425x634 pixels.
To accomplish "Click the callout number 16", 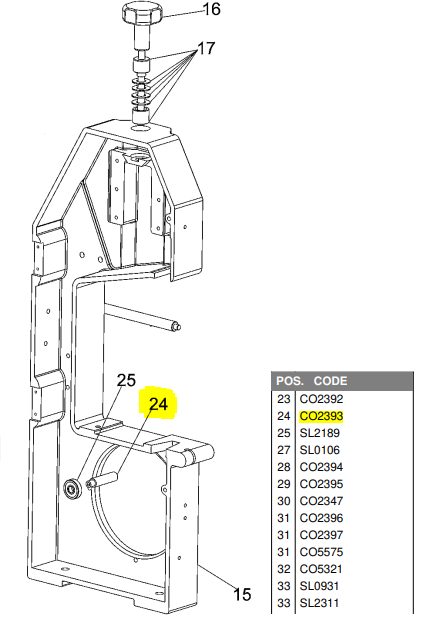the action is (x=211, y=9).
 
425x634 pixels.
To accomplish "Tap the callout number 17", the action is (x=206, y=49).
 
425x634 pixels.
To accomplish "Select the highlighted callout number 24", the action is (x=158, y=404).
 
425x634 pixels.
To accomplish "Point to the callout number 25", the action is (x=126, y=380).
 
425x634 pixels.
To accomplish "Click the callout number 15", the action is (x=242, y=594).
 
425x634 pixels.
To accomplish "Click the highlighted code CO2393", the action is (x=321, y=416).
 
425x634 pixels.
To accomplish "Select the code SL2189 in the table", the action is (x=319, y=433).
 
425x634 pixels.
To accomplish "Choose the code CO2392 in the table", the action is (x=321, y=399).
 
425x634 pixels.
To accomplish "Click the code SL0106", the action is (x=319, y=450).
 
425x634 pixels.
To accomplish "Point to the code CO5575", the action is (x=321, y=552).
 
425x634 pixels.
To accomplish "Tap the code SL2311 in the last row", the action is (x=319, y=603).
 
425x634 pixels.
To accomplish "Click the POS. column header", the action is (x=290, y=381).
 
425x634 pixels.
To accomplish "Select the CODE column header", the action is (x=330, y=381).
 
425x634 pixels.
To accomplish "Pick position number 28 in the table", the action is (x=283, y=467).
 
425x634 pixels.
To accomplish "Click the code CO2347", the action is (x=321, y=501).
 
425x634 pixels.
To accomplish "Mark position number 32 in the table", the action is (x=283, y=569).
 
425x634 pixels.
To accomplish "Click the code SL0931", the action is (x=319, y=586).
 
